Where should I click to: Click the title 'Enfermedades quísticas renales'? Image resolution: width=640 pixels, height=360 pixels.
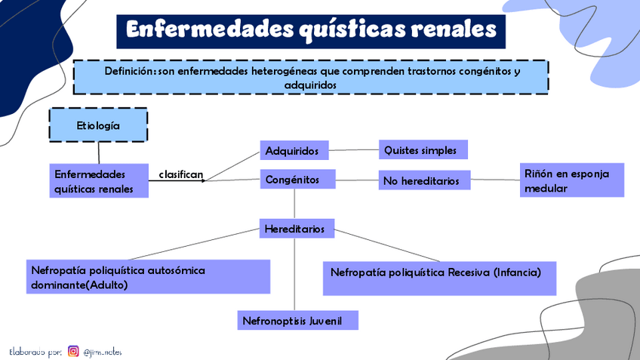311,30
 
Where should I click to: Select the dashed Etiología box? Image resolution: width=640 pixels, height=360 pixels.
98,125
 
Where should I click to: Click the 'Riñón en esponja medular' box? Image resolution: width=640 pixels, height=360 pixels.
572,181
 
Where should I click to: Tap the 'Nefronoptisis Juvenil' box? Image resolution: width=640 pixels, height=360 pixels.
297,320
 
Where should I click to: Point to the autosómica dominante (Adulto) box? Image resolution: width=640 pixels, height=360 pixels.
148,276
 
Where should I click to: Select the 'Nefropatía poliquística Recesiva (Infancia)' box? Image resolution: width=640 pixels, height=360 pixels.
440,278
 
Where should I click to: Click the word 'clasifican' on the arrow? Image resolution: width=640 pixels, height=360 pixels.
181,174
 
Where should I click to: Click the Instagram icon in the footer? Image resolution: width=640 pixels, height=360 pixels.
73,351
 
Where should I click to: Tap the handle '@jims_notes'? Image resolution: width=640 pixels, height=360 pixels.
103,352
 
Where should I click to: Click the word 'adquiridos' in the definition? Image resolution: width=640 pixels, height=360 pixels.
310,85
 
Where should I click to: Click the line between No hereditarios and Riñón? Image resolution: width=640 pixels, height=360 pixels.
495,180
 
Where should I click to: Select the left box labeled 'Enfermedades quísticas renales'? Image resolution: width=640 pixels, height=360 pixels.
98,181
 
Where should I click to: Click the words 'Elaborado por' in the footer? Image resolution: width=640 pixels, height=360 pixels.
35,352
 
